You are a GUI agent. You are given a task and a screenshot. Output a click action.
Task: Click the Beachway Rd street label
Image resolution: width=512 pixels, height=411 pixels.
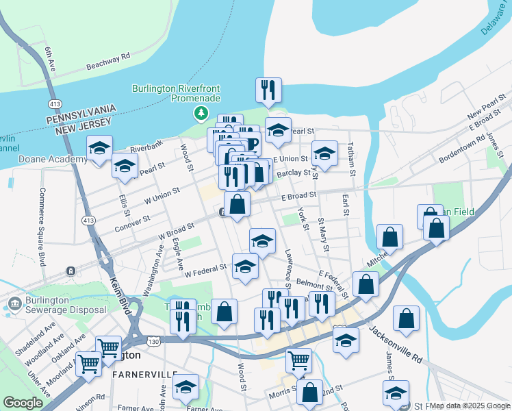[x=108, y=62]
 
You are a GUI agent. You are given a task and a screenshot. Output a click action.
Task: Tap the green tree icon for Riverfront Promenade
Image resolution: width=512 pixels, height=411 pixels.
[x=201, y=113]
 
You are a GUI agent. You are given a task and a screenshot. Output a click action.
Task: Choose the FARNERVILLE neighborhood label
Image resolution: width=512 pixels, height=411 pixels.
[x=144, y=375]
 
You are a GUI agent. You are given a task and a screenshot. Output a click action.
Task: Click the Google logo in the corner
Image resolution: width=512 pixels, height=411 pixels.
[x=23, y=403]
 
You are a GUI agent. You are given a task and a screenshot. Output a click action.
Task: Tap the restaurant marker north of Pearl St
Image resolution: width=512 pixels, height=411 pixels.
[x=268, y=90]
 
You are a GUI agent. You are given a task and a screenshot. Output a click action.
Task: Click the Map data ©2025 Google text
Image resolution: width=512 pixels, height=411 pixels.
[x=470, y=406]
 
